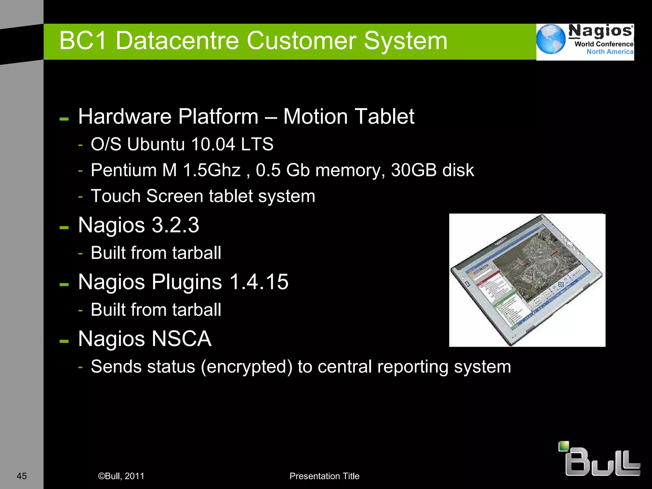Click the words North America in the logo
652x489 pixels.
tap(610, 52)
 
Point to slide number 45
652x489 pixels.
tap(22, 476)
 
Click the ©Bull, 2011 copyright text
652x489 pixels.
tap(121, 476)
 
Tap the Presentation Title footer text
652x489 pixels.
tap(324, 476)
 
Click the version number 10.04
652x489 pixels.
tap(213, 144)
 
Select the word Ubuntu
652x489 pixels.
tap(156, 144)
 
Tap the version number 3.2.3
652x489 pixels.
tap(175, 225)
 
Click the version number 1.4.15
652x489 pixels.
tap(259, 282)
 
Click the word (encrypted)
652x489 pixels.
tap(246, 367)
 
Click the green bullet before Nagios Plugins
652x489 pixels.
tap(64, 284)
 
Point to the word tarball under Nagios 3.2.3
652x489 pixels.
tap(196, 253)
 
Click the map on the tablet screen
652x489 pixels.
tap(538, 264)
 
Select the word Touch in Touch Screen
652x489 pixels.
tap(116, 196)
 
